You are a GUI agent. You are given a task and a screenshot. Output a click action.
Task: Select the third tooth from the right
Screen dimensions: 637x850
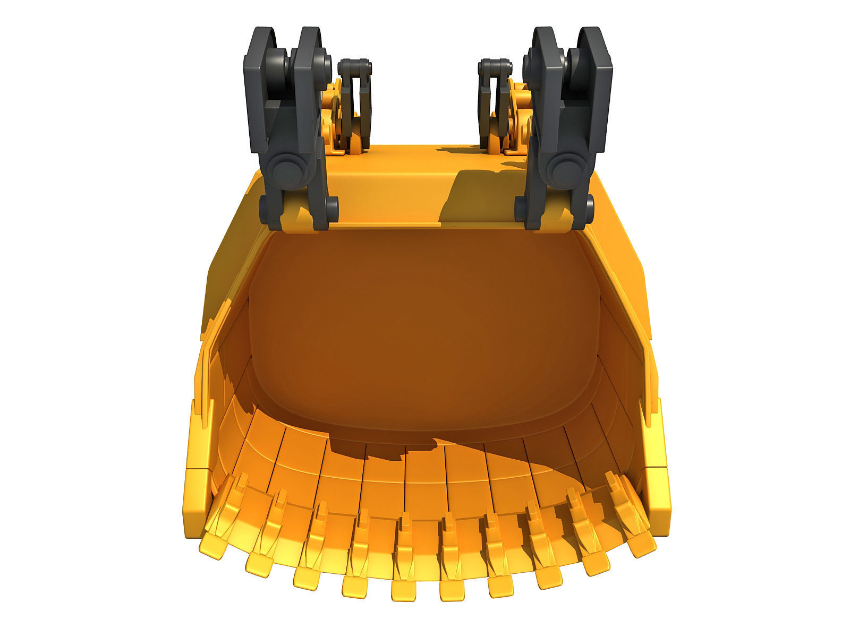[547, 575]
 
